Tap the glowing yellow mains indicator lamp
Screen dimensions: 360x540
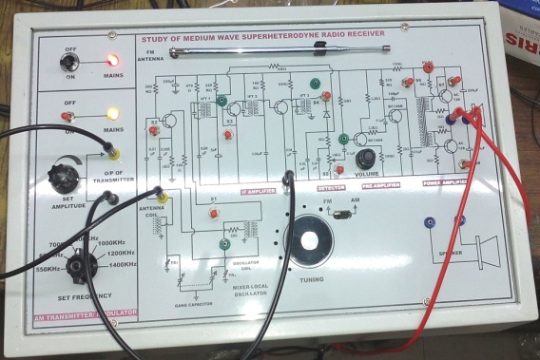pyautogui.click(x=112, y=115)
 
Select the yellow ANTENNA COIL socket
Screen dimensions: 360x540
pyautogui.click(x=164, y=197)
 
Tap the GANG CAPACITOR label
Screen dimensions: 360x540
pyautogui.click(x=193, y=303)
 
